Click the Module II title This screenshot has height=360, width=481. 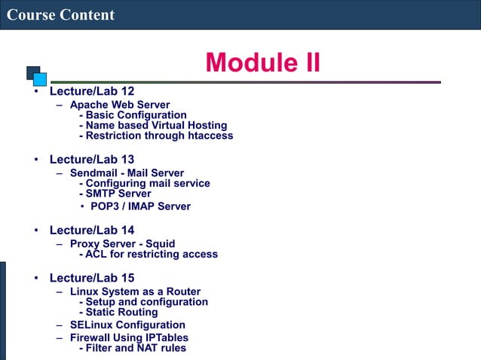262,63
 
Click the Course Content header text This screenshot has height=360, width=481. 60,14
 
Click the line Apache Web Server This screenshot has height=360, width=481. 120,105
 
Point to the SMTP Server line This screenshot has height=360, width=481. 118,194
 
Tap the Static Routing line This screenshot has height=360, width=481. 121,312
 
